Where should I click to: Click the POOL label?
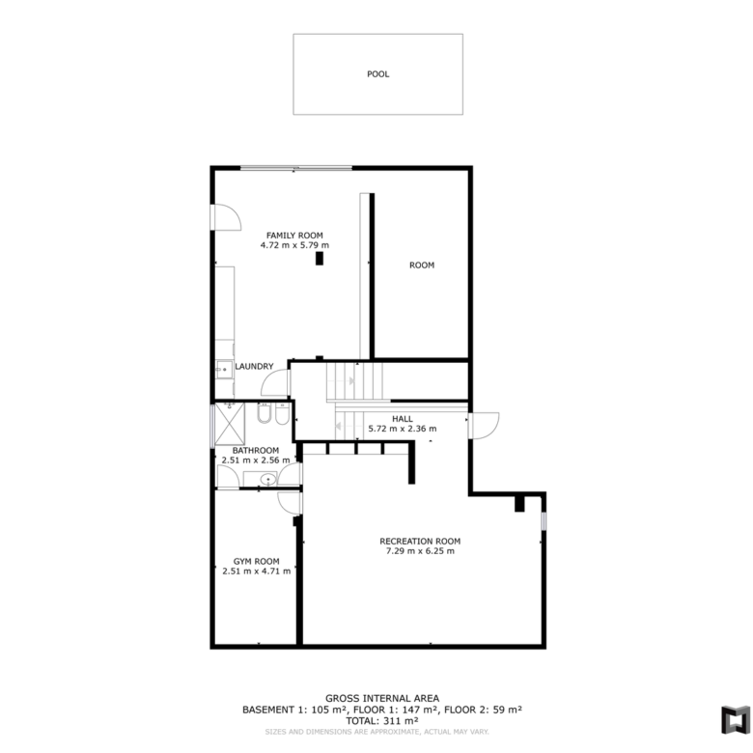tap(377, 74)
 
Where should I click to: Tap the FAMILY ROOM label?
tap(294, 236)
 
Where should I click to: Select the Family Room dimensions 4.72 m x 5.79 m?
tap(294, 245)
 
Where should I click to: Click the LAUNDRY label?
tap(254, 367)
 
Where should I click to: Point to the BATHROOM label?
tap(256, 451)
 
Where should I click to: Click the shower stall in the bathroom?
tap(230, 424)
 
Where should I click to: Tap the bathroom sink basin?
tap(268, 479)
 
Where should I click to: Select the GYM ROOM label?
tap(257, 562)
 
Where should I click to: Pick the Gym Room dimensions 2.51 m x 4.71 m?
tap(257, 572)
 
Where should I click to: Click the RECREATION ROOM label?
tap(420, 542)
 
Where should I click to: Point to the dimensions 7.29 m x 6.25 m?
tap(420, 551)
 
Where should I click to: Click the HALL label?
tap(403, 419)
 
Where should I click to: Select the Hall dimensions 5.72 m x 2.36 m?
tap(403, 429)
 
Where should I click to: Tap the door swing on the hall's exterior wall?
tap(484, 426)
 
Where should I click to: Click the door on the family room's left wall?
tap(226, 217)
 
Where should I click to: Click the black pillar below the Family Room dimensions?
tap(320, 259)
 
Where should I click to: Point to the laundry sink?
tap(223, 370)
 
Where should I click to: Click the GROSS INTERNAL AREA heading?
tap(382, 699)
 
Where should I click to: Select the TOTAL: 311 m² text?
tap(382, 721)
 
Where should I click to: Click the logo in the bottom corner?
tap(736, 719)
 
